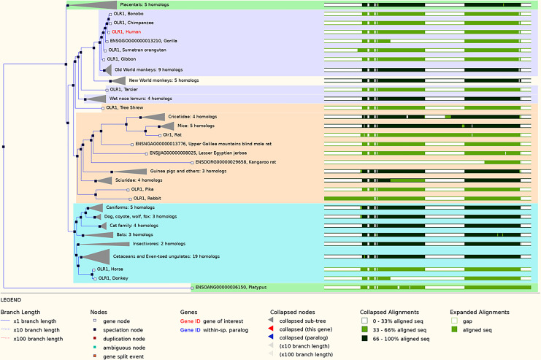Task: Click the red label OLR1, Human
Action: point(123,32)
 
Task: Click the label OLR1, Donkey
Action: point(115,277)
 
